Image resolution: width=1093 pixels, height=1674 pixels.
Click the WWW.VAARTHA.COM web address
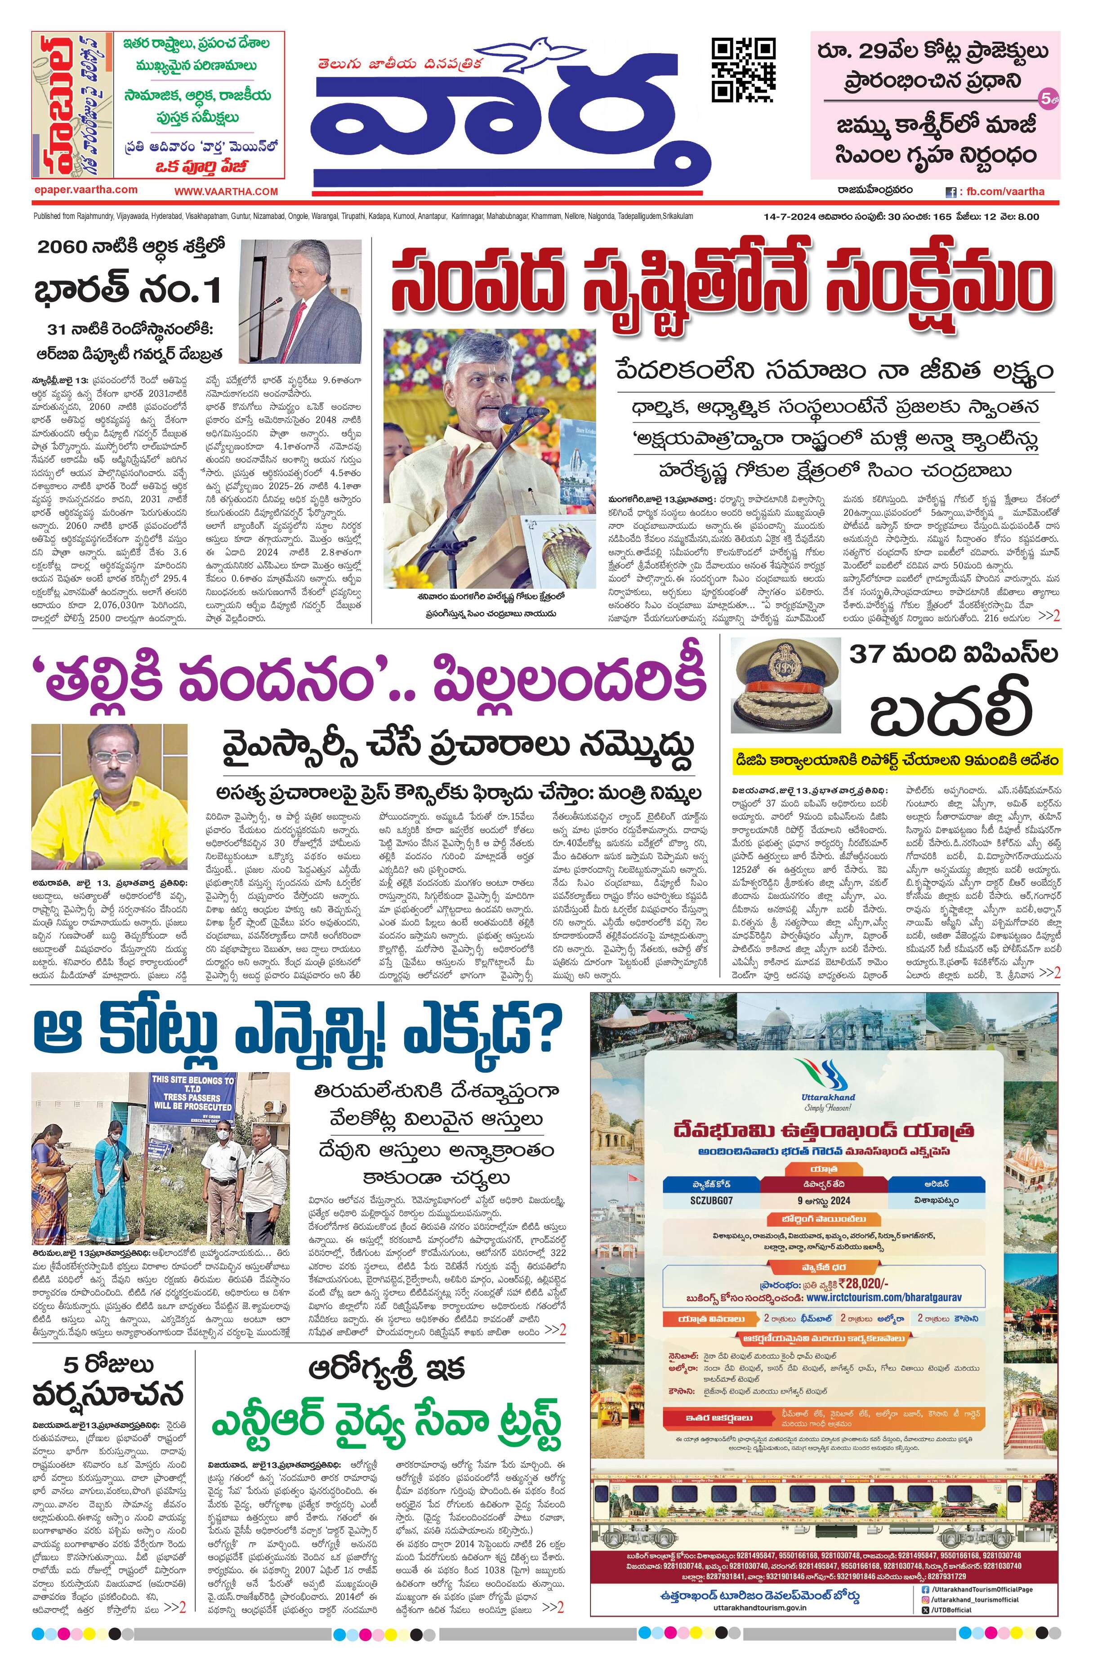[227, 191]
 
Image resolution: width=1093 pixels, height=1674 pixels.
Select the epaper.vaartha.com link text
[85, 190]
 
